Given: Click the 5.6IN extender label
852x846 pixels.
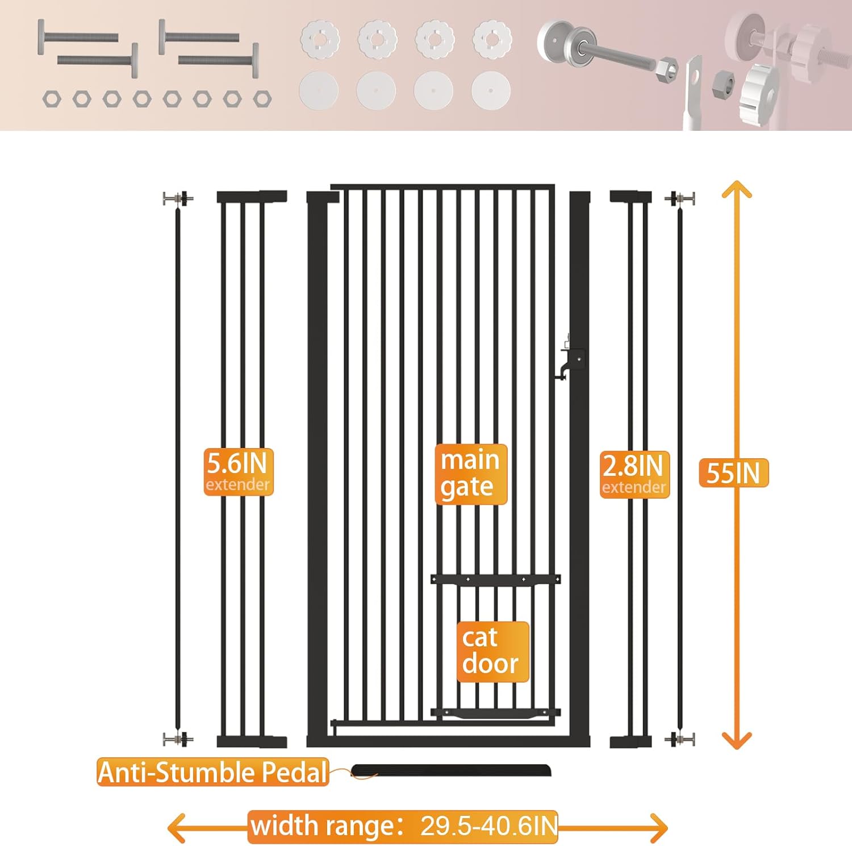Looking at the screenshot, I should (238, 471).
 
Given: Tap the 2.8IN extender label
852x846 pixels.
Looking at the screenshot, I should (634, 474).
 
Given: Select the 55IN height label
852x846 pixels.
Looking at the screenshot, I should (733, 472).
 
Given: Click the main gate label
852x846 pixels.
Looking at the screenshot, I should (470, 474).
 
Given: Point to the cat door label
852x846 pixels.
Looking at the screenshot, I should (492, 651).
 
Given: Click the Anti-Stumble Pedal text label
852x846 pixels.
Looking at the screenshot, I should (212, 772).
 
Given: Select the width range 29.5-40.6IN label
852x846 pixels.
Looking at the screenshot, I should (403, 826).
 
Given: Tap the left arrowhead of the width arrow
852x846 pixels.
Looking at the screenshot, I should (177, 827).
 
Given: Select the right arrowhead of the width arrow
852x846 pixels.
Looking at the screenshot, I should (658, 827).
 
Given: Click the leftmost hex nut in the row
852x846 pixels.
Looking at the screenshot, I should (52, 99).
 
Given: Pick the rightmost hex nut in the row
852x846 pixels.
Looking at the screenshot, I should (262, 99).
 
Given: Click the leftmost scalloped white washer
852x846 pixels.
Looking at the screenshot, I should (320, 40).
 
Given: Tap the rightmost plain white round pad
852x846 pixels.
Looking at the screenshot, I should (491, 90).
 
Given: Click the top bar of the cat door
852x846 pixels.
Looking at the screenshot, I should (495, 579).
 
